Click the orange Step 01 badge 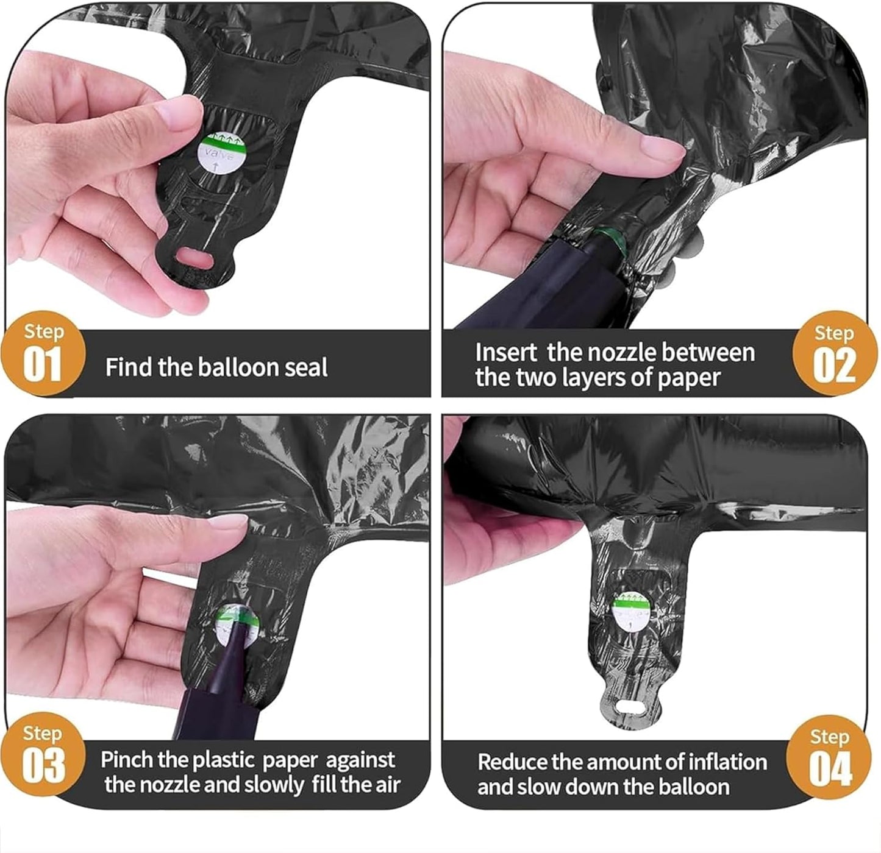43,353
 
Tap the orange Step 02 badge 835,353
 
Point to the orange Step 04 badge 829,757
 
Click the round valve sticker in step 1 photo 223,152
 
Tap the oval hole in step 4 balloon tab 632,707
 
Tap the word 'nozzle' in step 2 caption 599,353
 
